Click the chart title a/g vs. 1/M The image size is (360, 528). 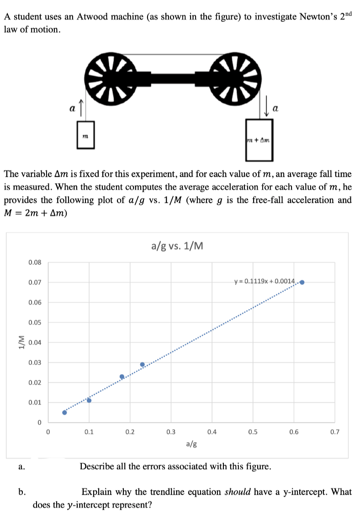tap(177, 247)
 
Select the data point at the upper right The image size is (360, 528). tap(302, 282)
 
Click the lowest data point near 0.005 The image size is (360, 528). tap(64, 412)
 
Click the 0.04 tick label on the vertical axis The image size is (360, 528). tap(35, 343)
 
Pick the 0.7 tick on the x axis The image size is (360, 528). tap(335, 431)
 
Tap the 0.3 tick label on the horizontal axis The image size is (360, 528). tap(171, 431)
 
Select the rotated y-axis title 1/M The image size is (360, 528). tap(20, 342)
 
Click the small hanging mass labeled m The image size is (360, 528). tap(85, 135)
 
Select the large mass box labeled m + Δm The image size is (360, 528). tap(259, 140)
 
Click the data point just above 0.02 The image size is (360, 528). tap(122, 377)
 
